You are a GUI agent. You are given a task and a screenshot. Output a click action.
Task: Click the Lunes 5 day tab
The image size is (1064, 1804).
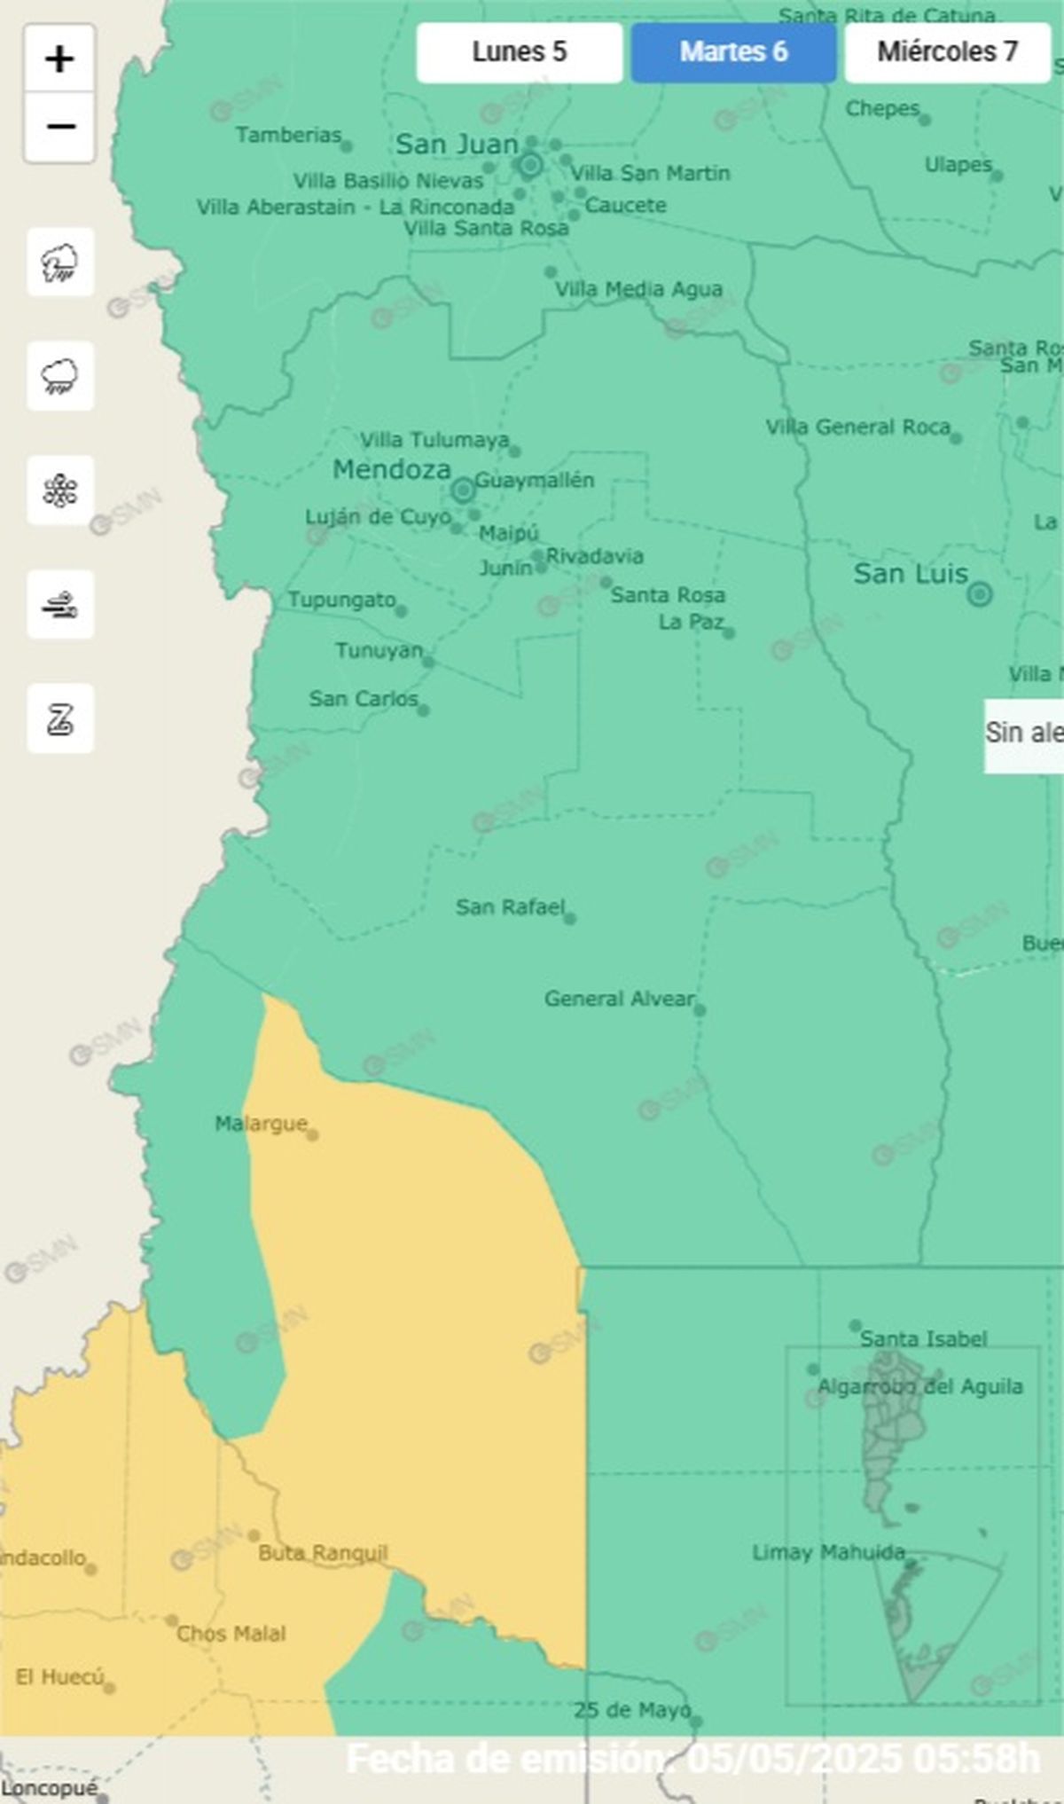(519, 52)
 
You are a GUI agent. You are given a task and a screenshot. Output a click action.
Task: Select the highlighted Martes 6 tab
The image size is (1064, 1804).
(733, 52)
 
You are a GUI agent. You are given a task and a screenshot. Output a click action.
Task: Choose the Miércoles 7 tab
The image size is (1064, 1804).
(947, 52)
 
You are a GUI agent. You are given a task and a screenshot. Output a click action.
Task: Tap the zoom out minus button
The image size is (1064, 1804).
(59, 127)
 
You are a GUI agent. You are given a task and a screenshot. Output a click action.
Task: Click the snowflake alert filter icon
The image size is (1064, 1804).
(59, 490)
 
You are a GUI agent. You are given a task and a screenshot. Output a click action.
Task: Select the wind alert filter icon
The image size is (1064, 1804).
(59, 605)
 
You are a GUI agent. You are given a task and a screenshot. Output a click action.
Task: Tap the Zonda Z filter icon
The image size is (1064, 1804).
(59, 718)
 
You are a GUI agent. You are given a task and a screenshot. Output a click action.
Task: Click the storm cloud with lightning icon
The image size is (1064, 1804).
(59, 263)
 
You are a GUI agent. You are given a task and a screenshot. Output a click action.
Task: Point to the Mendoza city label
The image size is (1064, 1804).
(392, 469)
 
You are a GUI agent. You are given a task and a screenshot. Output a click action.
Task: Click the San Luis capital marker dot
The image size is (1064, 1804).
(979, 593)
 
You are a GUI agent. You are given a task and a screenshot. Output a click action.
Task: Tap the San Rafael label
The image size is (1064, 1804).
(510, 906)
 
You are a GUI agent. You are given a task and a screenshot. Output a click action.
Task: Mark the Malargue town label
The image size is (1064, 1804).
(261, 1124)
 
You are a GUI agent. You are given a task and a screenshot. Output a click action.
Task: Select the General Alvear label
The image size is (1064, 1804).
(619, 999)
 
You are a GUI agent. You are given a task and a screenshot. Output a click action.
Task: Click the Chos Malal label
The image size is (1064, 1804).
(231, 1634)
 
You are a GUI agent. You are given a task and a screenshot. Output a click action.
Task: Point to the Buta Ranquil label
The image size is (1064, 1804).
(323, 1553)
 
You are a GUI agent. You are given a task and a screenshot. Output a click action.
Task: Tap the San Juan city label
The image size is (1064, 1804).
(457, 144)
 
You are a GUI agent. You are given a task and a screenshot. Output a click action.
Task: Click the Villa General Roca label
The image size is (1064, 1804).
(857, 427)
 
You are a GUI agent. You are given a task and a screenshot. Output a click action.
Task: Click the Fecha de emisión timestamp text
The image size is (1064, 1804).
(692, 1758)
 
